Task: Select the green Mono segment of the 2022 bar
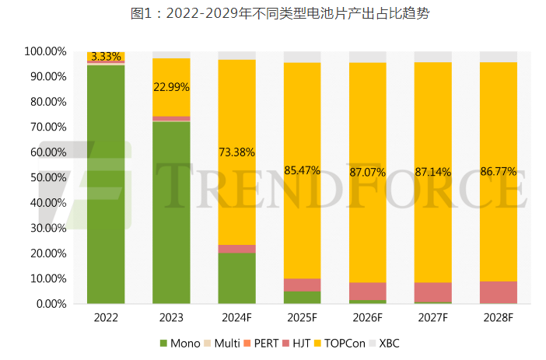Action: pyautogui.click(x=106, y=187)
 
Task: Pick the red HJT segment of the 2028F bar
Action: pyautogui.click(x=499, y=292)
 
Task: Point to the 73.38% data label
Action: pyautogui.click(x=237, y=152)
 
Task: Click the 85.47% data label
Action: pyautogui.click(x=303, y=170)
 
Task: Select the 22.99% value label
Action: pyautogui.click(x=171, y=86)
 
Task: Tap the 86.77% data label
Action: pyautogui.click(x=499, y=170)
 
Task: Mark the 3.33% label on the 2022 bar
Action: pyautogui.click(x=106, y=57)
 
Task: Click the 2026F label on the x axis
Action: pyautogui.click(x=367, y=317)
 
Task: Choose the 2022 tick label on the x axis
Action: pyautogui.click(x=106, y=317)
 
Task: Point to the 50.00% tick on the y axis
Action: pyautogui.click(x=45, y=177)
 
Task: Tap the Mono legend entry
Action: pyautogui.click(x=180, y=343)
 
